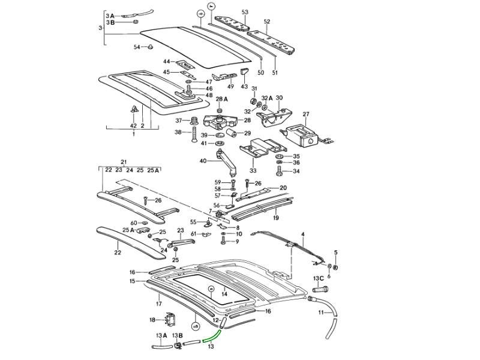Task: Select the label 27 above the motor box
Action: [x=305, y=113]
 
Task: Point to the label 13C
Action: [x=318, y=278]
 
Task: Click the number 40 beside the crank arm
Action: [x=203, y=161]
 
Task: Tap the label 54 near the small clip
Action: [x=137, y=46]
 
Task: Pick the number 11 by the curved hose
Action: [x=321, y=313]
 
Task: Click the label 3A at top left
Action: [x=109, y=15]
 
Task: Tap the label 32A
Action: [x=266, y=98]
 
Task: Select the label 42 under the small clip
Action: [x=133, y=125]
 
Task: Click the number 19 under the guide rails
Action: [x=275, y=218]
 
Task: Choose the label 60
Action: [x=134, y=223]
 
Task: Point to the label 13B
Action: [x=177, y=335]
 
